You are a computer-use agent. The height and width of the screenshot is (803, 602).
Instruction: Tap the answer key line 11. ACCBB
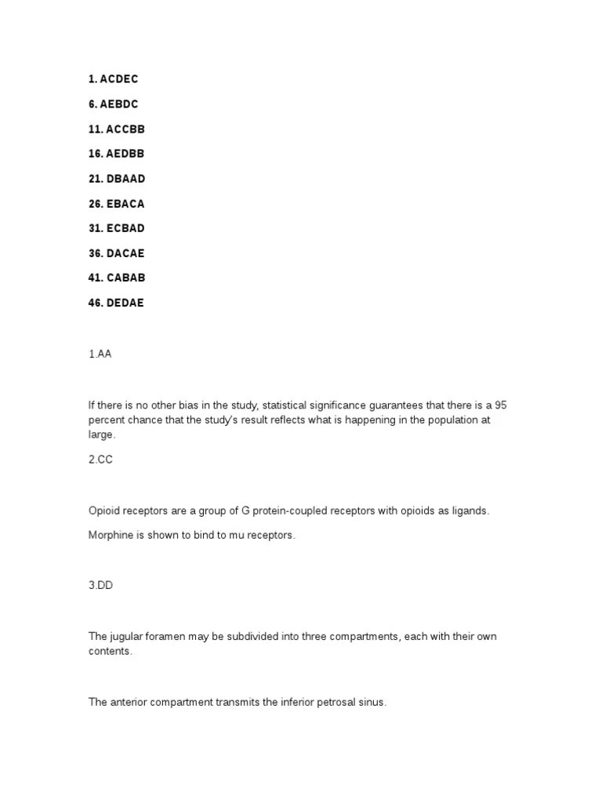[116, 129]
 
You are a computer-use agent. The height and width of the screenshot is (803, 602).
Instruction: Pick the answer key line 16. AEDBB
[116, 154]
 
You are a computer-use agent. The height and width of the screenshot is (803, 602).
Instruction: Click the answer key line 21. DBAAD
[116, 179]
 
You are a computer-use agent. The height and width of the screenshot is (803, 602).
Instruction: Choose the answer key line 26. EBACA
[116, 204]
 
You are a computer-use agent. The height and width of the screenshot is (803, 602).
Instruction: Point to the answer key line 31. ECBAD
[116, 228]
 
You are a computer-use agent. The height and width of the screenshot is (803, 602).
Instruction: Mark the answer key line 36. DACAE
[116, 253]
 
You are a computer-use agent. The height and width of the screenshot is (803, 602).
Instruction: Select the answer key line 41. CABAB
[116, 278]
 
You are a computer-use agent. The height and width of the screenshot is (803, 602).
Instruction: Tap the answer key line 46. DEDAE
[116, 303]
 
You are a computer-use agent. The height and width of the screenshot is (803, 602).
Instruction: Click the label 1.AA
[100, 354]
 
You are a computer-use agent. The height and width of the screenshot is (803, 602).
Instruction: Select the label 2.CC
[100, 460]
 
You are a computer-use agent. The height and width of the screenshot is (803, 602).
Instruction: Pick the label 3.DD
[100, 585]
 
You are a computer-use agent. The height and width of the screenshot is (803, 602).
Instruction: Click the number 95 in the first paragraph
[511, 405]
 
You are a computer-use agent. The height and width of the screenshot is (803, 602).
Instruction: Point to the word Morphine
[111, 535]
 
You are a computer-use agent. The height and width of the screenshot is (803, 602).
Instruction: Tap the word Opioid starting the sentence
[104, 511]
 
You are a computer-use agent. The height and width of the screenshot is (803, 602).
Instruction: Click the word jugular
[125, 636]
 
